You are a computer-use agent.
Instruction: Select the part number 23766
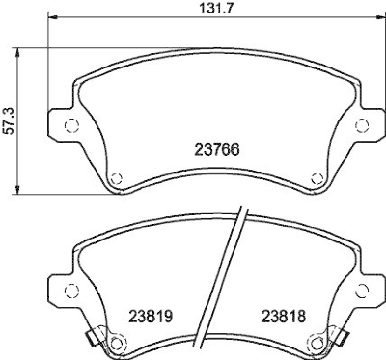click(x=217, y=150)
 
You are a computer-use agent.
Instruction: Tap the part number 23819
click(x=151, y=317)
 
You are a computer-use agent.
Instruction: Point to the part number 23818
click(x=284, y=317)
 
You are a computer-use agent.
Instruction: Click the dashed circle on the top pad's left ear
click(x=71, y=126)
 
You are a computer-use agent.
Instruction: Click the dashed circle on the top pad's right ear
click(x=361, y=126)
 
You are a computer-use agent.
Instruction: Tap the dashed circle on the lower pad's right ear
click(x=361, y=291)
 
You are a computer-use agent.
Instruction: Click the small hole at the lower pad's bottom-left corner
click(x=115, y=344)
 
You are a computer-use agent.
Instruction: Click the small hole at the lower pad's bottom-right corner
click(x=317, y=344)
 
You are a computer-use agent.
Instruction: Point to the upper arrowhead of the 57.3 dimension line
click(x=18, y=52)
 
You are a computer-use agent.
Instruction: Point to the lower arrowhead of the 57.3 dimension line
click(x=18, y=190)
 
